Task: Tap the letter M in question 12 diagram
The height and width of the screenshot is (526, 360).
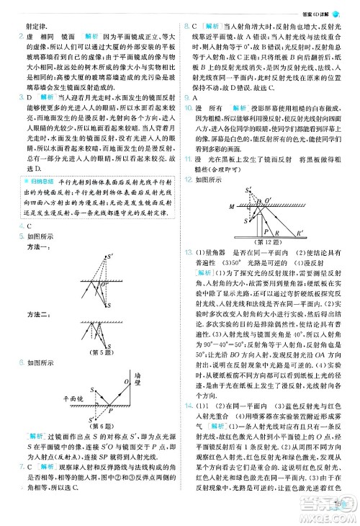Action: click(x=230, y=206)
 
